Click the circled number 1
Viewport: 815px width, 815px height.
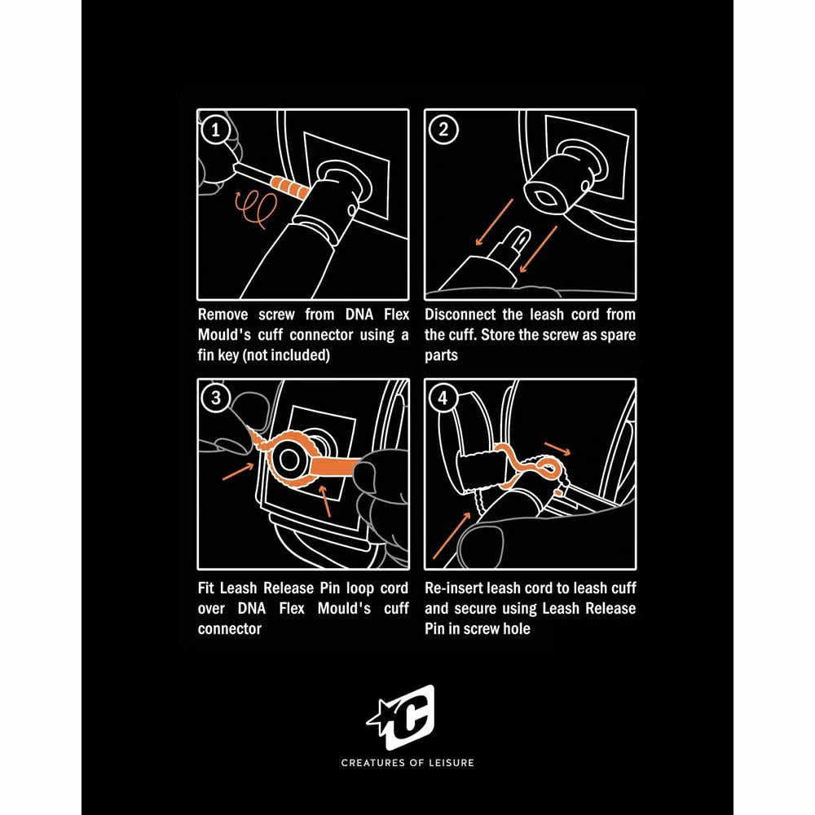pos(215,130)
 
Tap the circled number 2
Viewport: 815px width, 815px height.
pos(443,129)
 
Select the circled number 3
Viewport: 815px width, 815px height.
pos(216,399)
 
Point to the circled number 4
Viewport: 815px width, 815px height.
pos(443,399)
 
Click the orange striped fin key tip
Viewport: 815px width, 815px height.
pos(289,188)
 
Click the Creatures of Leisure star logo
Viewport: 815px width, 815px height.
pos(401,717)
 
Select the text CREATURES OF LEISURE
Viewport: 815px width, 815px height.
pos(407,763)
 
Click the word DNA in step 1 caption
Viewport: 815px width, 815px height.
pos(359,315)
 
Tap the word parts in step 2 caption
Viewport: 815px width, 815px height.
pos(441,355)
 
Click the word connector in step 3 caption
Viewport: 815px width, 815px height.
pos(229,629)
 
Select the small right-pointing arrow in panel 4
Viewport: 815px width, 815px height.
pos(557,448)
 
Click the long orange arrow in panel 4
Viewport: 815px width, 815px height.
pos(452,535)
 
